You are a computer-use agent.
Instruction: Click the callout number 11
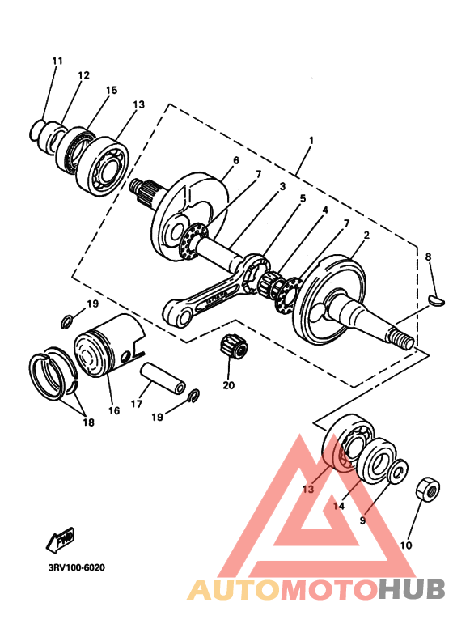57,61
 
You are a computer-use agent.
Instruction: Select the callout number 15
111,90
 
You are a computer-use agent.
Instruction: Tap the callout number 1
310,140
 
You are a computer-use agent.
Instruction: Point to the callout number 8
429,257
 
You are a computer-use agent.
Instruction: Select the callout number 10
406,545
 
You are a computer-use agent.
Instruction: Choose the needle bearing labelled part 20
234,347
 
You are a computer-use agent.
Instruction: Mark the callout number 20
229,384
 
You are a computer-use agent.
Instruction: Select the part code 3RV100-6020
71,567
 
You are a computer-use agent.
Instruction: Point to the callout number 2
366,236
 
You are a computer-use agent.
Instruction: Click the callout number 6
236,160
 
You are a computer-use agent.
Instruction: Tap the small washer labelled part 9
399,472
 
